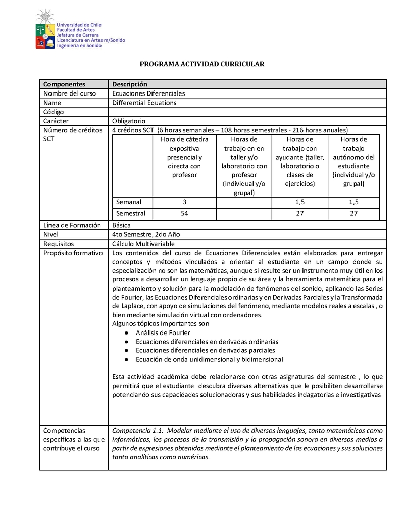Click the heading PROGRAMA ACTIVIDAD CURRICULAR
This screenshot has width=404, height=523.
pyautogui.click(x=202, y=64)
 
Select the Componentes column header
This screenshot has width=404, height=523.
pyautogui.click(x=64, y=84)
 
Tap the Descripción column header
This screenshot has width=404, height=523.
pyautogui.click(x=129, y=84)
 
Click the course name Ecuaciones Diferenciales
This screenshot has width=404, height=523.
pyautogui.click(x=148, y=93)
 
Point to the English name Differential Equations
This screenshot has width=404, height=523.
pyautogui.click(x=144, y=103)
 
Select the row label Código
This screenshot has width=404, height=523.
pyautogui.click(x=54, y=112)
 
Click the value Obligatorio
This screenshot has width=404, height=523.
pyautogui.click(x=129, y=121)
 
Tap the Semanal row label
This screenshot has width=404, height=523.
pyautogui.click(x=129, y=202)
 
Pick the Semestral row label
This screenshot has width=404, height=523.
pyautogui.click(x=131, y=213)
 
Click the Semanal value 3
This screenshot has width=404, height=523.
pyautogui.click(x=184, y=202)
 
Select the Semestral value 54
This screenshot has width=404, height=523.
pyautogui.click(x=184, y=213)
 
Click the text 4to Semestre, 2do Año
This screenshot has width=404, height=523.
pyautogui.click(x=146, y=234)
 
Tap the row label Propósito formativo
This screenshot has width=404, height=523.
pyautogui.click(x=73, y=253)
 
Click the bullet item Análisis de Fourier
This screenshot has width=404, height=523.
pyautogui.click(x=163, y=332)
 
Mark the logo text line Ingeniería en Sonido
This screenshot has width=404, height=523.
pyautogui.click(x=79, y=45)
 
